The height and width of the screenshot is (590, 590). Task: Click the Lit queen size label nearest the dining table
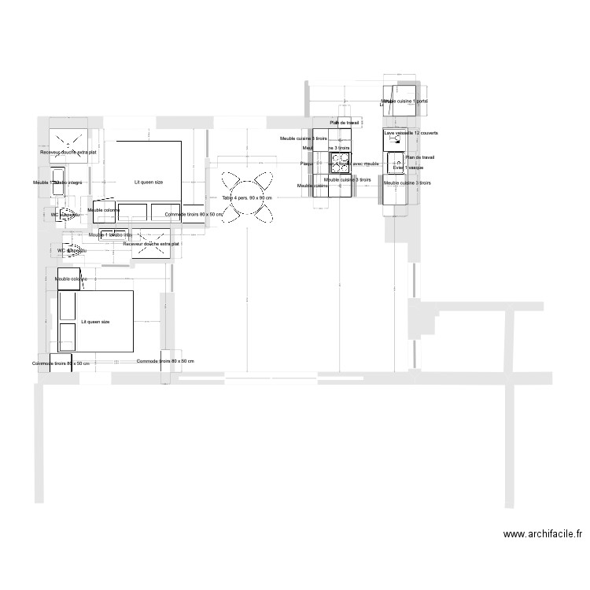[148, 182]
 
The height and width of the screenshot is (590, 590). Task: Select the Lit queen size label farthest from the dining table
[95, 322]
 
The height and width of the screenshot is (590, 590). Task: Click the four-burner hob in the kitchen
[340, 164]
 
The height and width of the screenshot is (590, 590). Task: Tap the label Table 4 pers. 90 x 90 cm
[246, 197]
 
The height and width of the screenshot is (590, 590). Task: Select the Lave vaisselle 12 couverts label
[411, 133]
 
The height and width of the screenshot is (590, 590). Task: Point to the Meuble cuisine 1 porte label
[405, 101]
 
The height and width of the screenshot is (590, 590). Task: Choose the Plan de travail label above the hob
[345, 123]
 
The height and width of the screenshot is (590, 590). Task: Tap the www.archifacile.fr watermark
[543, 534]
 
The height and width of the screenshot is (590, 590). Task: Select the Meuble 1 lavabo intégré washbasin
[109, 234]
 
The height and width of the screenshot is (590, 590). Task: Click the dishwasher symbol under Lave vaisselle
[393, 141]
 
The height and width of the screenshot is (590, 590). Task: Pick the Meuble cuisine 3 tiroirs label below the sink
[407, 183]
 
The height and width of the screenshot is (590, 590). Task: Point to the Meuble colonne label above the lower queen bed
[71, 278]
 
